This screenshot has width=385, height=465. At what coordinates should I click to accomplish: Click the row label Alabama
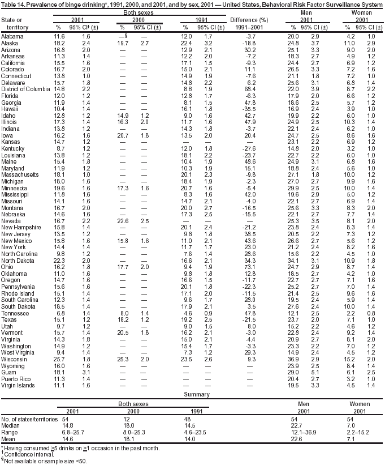13,36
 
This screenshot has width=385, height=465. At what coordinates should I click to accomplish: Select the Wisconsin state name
15,359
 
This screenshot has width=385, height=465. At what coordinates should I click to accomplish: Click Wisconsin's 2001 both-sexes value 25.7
59,359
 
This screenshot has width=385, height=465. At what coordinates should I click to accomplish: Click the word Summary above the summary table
193,394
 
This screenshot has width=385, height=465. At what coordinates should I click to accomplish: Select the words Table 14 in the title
14,5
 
